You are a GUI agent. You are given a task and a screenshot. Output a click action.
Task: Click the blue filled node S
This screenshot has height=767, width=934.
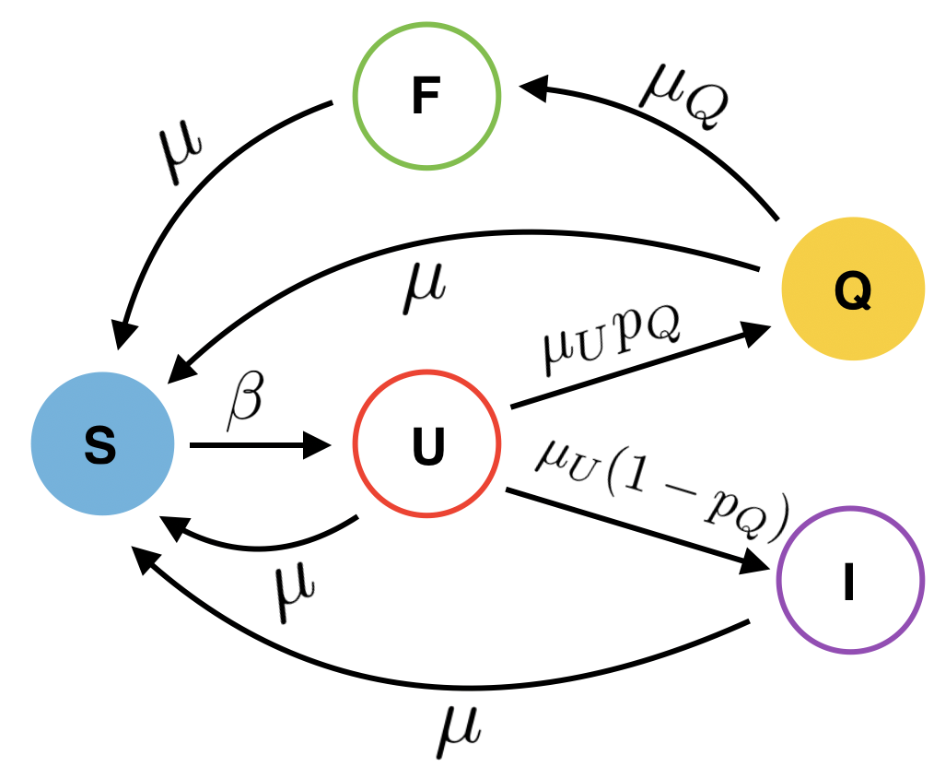coord(102,446)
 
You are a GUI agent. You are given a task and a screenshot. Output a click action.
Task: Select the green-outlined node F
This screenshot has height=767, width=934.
coord(426,97)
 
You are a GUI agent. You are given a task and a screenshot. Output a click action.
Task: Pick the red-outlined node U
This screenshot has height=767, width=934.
coord(426,446)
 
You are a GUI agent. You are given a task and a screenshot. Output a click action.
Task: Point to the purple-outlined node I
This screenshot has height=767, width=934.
coord(849,581)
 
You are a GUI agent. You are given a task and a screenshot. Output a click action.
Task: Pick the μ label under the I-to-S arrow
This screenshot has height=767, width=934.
coord(458,727)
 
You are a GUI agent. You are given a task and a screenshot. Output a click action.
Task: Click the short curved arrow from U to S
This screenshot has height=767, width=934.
coord(258,544)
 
